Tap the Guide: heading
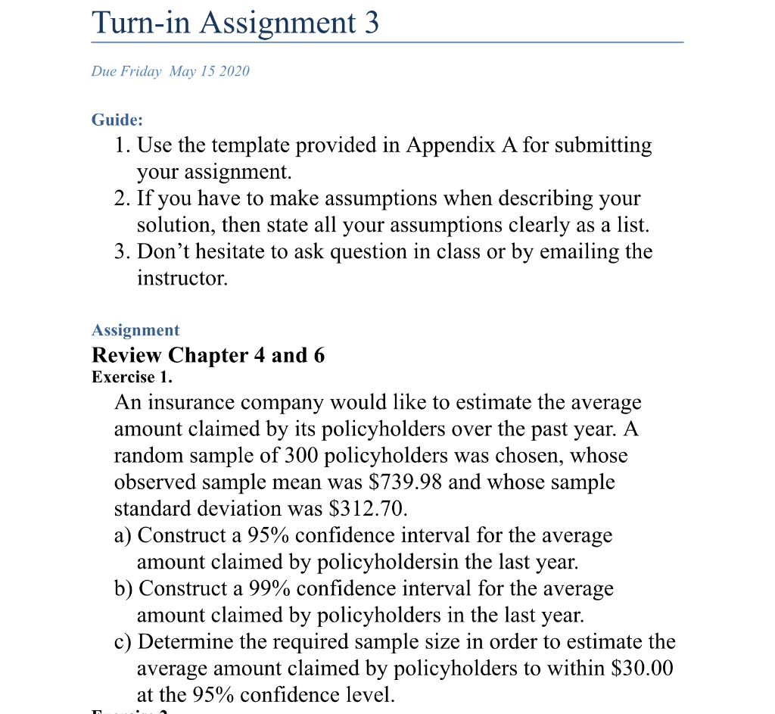click(x=117, y=120)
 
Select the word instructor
click(x=182, y=278)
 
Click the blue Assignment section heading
click(x=135, y=330)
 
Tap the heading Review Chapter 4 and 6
click(x=208, y=355)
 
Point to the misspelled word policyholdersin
click(x=375, y=562)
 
